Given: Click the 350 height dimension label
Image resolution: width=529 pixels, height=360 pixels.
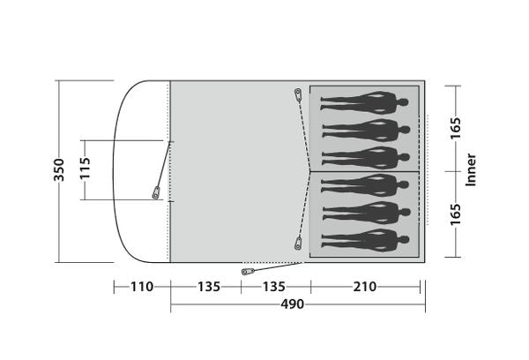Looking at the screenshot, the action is (59, 170).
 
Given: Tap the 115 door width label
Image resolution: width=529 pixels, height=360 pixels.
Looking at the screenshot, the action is (85, 168).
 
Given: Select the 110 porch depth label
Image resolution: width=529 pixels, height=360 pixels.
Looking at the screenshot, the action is (142, 287).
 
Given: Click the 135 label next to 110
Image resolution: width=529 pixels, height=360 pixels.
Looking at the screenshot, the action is (208, 287).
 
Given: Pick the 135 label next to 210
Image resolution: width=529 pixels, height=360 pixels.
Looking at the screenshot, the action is (273, 287).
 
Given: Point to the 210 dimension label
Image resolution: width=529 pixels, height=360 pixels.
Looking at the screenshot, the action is (365, 287).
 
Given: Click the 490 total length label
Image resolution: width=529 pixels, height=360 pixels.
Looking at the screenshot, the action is (293, 304).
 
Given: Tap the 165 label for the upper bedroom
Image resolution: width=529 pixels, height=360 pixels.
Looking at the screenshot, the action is (456, 128).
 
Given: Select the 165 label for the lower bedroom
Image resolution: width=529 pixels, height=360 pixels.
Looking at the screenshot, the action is (456, 214).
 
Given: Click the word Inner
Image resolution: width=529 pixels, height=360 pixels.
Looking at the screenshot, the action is (471, 169).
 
